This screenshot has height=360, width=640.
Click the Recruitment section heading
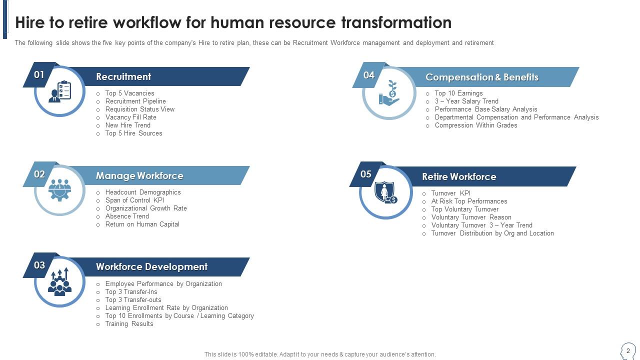(123, 76)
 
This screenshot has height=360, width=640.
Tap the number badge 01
(39, 74)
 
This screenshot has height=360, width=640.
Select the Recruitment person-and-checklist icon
(60, 91)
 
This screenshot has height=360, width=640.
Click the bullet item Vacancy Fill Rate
(130, 117)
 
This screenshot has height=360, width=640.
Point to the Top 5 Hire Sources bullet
(133, 133)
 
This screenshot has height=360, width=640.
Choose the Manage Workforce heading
(139, 175)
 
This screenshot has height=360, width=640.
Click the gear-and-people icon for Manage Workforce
(60, 190)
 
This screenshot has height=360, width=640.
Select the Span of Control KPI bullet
(134, 200)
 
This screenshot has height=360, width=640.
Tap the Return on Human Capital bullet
(142, 224)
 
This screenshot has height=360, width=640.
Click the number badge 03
(39, 265)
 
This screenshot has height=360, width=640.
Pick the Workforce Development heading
(151, 266)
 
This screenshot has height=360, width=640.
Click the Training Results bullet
(129, 323)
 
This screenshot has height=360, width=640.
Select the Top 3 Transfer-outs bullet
(133, 299)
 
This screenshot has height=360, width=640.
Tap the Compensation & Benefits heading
(481, 77)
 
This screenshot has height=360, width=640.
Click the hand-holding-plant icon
(389, 93)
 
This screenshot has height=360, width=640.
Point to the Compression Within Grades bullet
(475, 125)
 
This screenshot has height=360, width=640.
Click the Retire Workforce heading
(458, 176)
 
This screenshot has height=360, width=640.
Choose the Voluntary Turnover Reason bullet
(471, 217)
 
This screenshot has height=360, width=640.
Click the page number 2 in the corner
(628, 351)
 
